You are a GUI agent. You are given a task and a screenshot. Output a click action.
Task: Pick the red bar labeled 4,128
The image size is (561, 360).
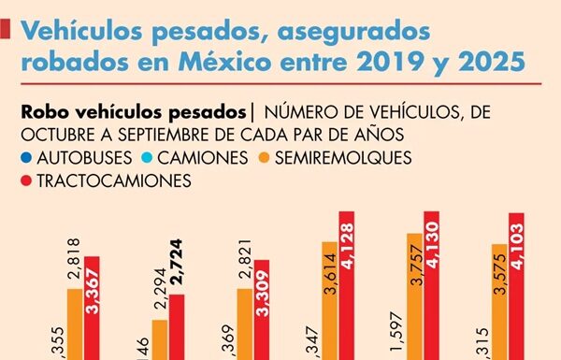[346, 285]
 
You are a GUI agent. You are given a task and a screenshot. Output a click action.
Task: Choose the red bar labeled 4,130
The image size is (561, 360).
[431, 285]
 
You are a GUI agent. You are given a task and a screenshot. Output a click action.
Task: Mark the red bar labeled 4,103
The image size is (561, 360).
[516, 285]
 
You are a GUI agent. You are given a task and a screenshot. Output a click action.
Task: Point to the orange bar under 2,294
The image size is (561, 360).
[160, 339]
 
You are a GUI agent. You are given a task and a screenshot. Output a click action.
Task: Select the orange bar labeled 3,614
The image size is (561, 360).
[329, 300]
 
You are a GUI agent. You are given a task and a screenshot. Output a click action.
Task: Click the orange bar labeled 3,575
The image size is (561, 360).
[499, 301]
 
